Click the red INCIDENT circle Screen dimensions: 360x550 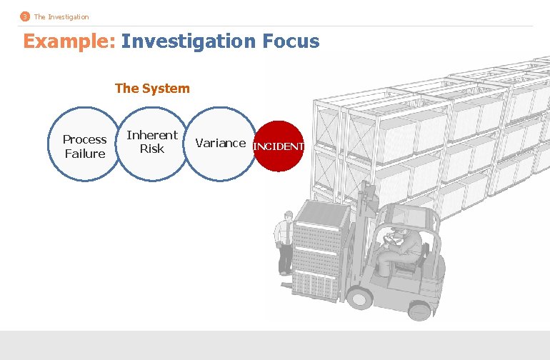279,146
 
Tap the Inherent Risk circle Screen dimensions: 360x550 151,142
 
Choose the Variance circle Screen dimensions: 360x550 220,143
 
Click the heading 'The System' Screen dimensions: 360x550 152,89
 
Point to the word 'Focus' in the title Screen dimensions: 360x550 290,41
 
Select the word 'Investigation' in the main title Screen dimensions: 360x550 187,41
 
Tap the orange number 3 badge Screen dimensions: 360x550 26,16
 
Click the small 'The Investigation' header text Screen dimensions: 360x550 61,16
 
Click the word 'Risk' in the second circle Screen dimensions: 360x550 152,149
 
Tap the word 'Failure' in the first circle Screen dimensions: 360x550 84,154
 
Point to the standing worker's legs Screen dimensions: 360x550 285,261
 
